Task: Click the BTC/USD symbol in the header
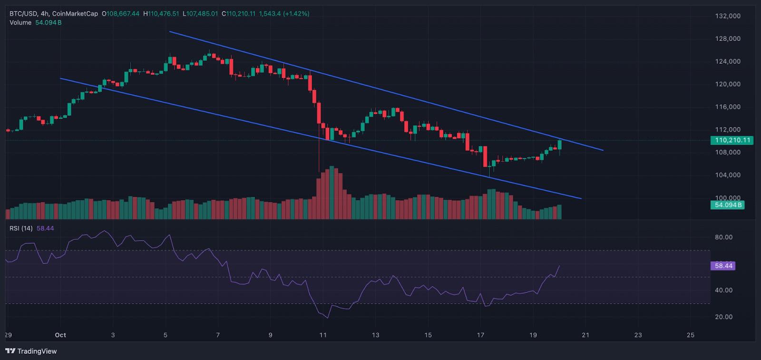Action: (x=23, y=14)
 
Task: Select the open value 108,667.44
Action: (x=123, y=14)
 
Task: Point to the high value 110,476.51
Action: (x=164, y=14)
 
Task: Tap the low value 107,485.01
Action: (x=203, y=14)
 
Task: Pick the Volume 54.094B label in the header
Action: (x=48, y=22)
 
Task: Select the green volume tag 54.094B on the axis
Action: (x=728, y=205)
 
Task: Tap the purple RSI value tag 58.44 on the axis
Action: (x=723, y=266)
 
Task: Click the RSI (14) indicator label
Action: (x=21, y=228)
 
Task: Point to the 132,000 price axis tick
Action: (x=728, y=16)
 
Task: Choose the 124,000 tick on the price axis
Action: (x=728, y=61)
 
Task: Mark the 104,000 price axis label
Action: (x=728, y=175)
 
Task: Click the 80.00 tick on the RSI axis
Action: (x=723, y=237)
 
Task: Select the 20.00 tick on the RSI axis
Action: (x=723, y=317)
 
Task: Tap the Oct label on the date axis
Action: (x=60, y=335)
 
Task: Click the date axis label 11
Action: (x=323, y=335)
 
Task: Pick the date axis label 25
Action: (x=691, y=335)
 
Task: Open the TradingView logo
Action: (x=31, y=351)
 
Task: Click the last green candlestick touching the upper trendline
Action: (x=559, y=145)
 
